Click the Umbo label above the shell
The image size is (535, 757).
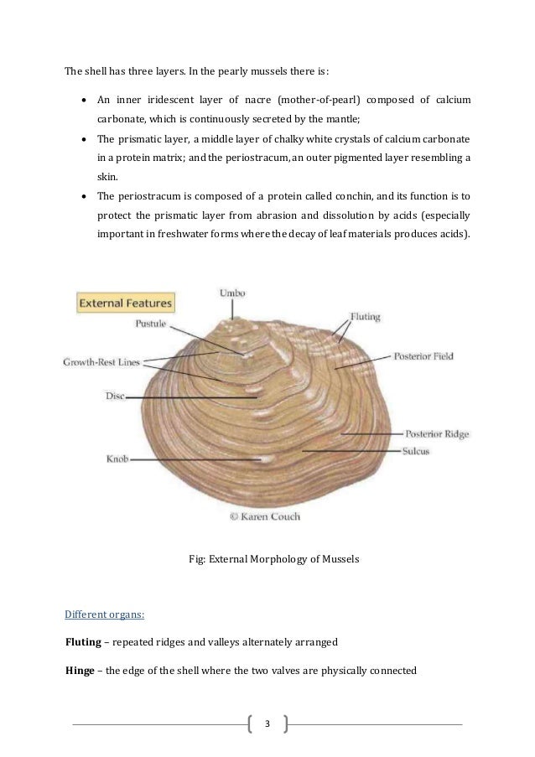click(232, 293)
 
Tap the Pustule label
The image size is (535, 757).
click(153, 323)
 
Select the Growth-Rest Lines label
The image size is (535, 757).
click(101, 362)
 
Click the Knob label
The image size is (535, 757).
click(117, 459)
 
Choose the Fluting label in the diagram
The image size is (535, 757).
click(364, 317)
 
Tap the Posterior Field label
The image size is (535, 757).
click(423, 355)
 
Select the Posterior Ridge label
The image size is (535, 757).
click(436, 434)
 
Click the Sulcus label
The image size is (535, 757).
click(416, 451)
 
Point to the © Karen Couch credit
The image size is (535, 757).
click(265, 517)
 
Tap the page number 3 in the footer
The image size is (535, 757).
click(267, 723)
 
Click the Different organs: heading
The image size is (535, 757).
click(105, 614)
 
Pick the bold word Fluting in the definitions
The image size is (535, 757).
click(85, 641)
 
